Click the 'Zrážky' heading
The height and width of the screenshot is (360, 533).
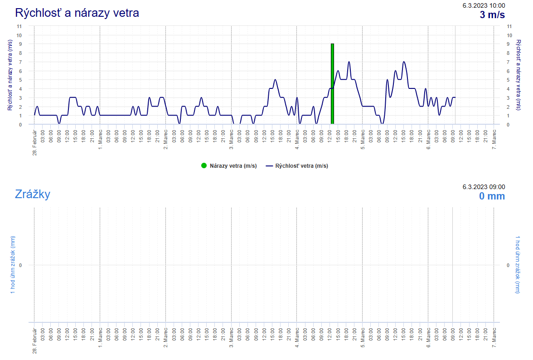32,194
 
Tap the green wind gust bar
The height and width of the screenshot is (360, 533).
332,84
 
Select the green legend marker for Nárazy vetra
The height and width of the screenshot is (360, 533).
204,166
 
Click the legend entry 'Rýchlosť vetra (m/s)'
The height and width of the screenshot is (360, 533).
297,166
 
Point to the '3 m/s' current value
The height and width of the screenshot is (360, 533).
492,15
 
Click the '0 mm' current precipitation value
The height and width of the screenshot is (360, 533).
492,196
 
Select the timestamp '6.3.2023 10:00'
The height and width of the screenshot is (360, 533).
484,5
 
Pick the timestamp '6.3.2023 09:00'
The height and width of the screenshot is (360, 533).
484,187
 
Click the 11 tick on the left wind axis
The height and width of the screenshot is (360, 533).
19,26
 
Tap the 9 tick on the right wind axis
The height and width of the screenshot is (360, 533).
509,44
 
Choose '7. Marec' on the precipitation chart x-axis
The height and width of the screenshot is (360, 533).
494,336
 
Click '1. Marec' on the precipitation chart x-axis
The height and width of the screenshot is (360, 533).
100,336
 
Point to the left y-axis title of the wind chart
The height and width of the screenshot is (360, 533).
10,75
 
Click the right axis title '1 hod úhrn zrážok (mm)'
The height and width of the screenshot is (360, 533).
518,264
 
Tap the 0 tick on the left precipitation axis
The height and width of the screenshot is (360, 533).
20,265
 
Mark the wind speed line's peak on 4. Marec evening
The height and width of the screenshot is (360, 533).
349,62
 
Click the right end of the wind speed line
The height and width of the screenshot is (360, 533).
455,97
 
